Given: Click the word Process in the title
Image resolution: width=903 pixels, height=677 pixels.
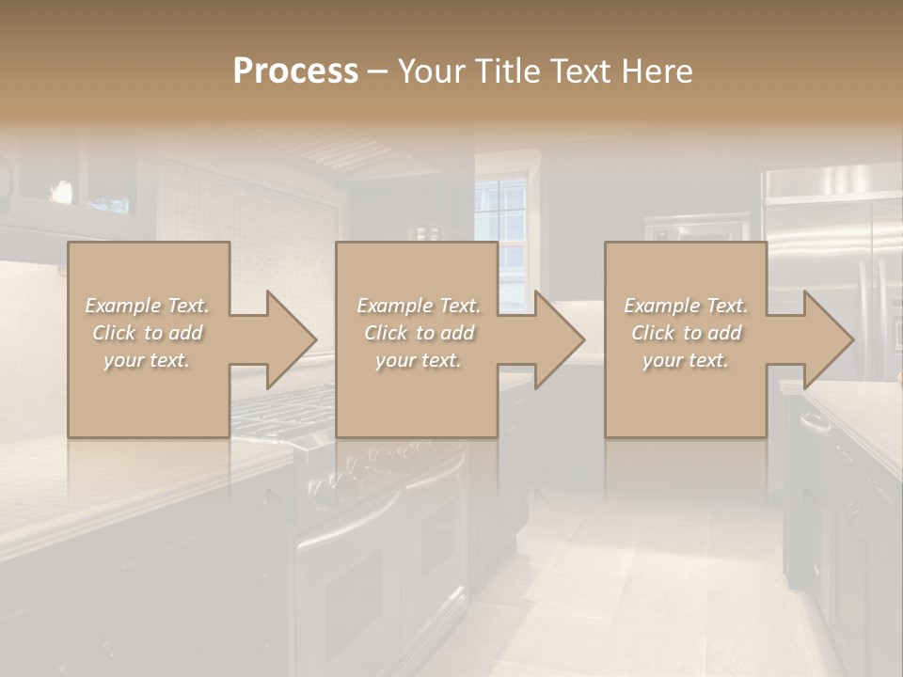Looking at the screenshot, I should pos(295,71).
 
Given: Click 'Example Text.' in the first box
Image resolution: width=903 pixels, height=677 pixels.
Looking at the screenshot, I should pos(148,306).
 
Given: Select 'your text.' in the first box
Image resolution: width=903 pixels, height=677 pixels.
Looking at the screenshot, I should pos(148,360).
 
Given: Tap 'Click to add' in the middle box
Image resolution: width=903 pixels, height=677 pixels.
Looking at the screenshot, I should pos(419,333).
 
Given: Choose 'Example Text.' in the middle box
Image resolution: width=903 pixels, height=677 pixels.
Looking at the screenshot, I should pos(419,306).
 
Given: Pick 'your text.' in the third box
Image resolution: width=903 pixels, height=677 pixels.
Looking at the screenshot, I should pos(686,360).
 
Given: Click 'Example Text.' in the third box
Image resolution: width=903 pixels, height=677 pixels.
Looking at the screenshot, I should pos(686,306).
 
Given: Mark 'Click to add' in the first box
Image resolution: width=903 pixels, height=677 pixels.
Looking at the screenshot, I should pos(148,333).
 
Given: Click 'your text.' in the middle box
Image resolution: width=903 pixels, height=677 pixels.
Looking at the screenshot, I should pos(419,360).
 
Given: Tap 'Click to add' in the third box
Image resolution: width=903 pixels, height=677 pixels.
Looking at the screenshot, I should pos(686,333).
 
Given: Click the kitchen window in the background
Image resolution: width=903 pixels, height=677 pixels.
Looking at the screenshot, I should pos(501,226).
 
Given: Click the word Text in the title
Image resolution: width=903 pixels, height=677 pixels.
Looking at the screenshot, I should pos(578,71).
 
